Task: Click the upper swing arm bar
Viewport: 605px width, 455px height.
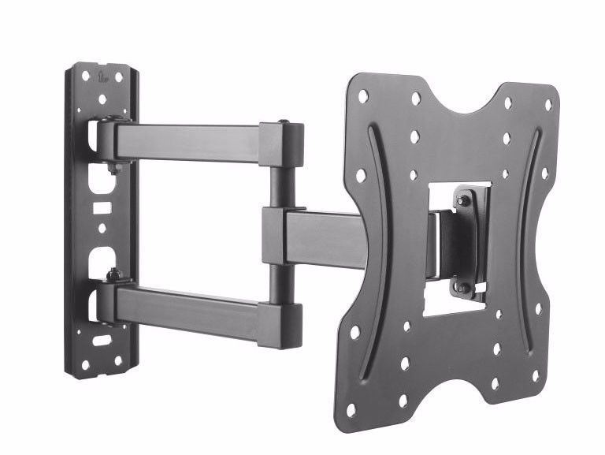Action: (189, 143)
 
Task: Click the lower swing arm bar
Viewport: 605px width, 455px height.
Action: (189, 307)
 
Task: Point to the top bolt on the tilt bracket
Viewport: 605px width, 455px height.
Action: (464, 201)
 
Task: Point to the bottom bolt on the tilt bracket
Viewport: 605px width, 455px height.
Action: (462, 287)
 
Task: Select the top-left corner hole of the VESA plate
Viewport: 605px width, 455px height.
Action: (363, 96)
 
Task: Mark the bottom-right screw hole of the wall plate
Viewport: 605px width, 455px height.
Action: (118, 360)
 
